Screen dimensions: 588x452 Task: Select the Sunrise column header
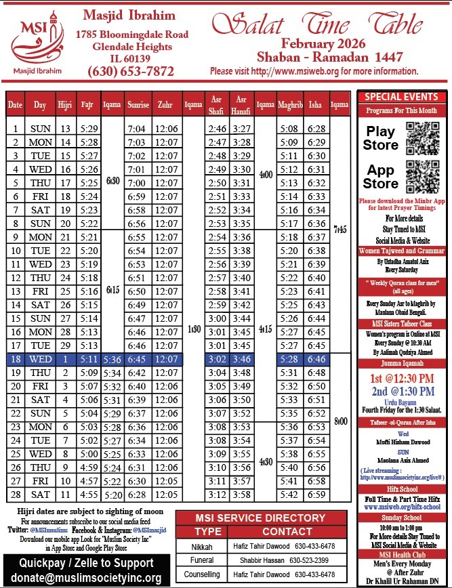pyautogui.click(x=138, y=105)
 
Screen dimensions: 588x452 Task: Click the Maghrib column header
pyautogui.click(x=289, y=105)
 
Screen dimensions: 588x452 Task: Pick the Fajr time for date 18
pyautogui.click(x=87, y=358)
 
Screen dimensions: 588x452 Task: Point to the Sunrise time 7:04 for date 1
pyautogui.click(x=138, y=128)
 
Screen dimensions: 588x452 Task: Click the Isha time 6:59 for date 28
pyautogui.click(x=317, y=495)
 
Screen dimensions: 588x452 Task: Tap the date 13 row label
pyautogui.click(x=16, y=291)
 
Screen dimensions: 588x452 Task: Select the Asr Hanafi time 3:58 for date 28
pyautogui.click(x=241, y=495)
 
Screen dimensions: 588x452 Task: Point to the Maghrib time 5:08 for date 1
pyautogui.click(x=289, y=128)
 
